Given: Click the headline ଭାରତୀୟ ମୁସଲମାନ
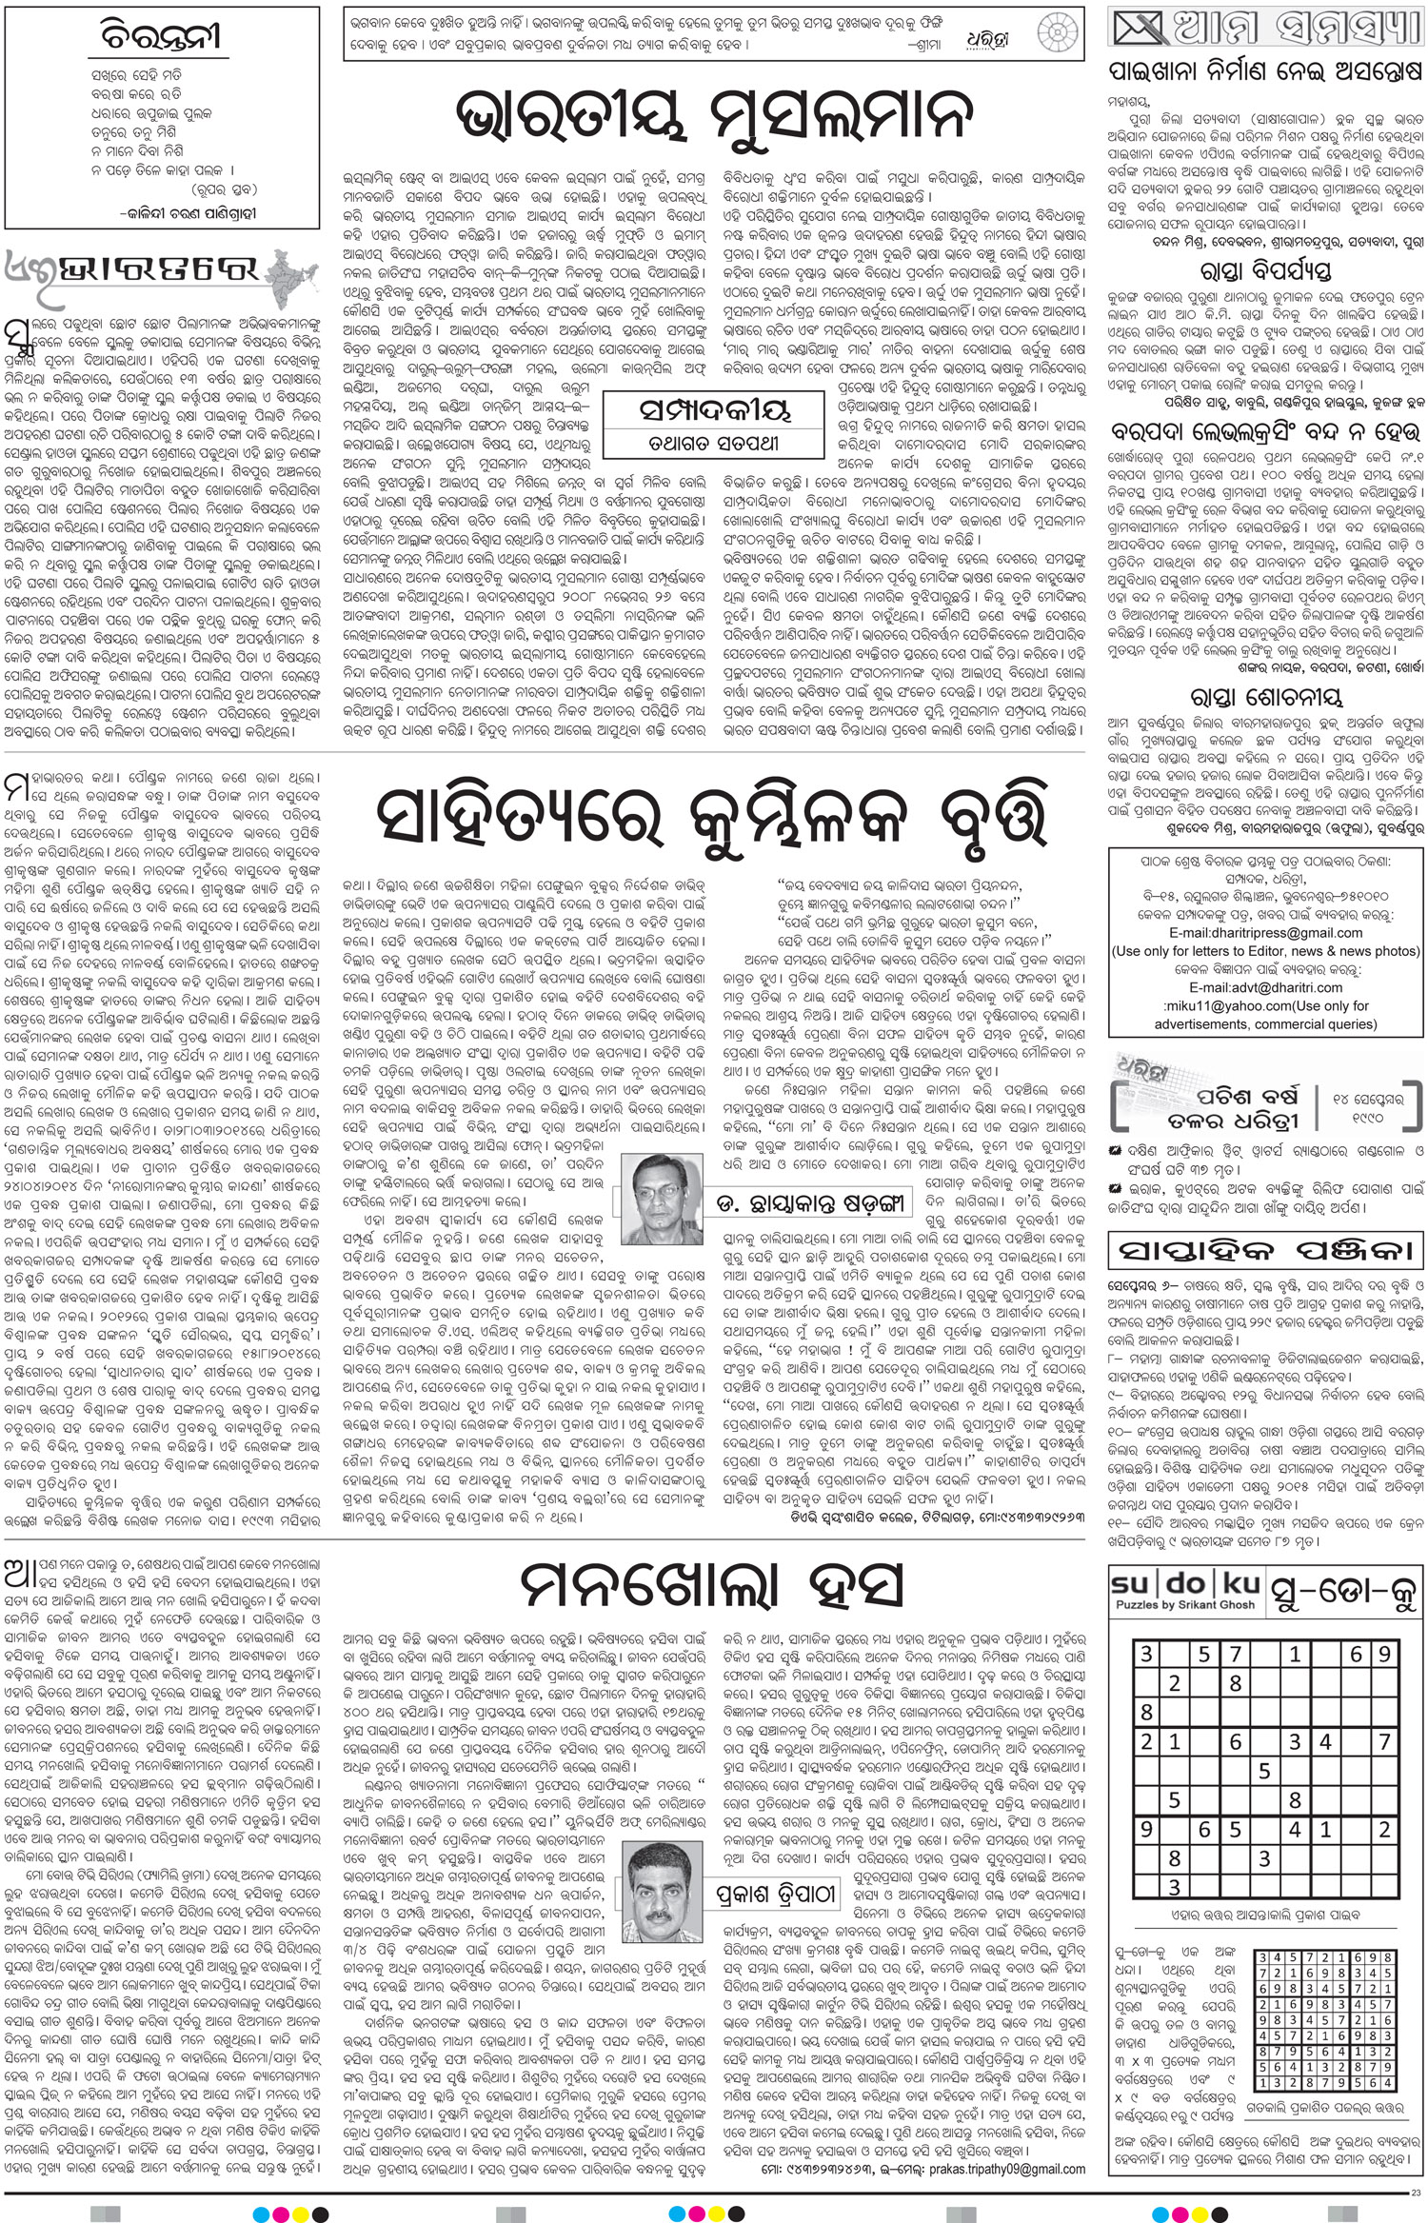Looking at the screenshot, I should click(714, 116).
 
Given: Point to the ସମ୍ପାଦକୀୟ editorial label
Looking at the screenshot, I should click(714, 409).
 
